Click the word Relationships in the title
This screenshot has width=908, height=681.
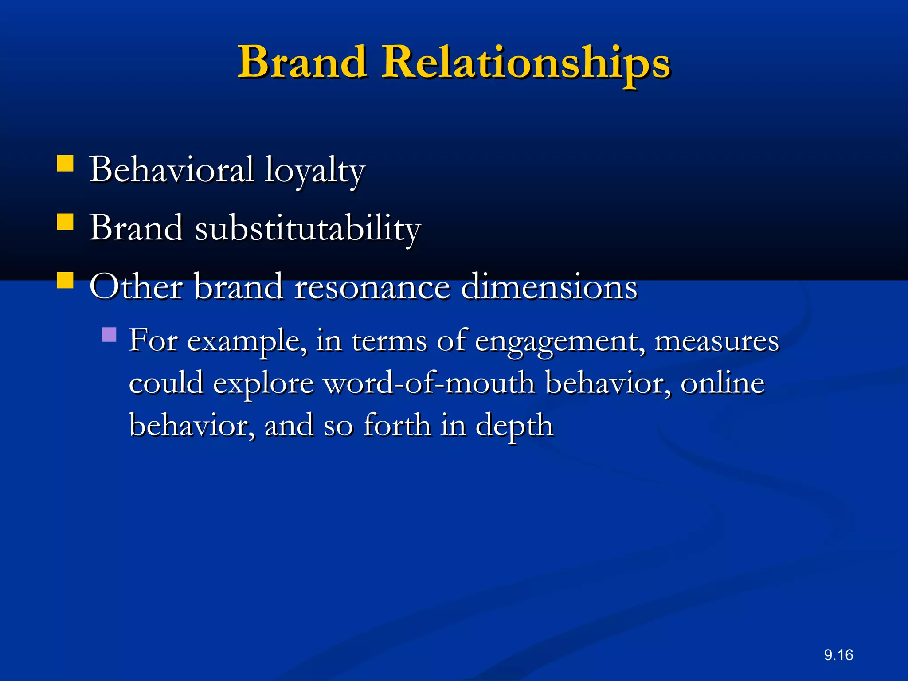click(x=526, y=63)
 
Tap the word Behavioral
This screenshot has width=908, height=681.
click(x=172, y=169)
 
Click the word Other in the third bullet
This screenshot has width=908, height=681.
click(x=136, y=287)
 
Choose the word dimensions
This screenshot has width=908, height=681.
click(x=549, y=287)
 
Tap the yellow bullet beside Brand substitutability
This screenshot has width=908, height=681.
click(x=65, y=222)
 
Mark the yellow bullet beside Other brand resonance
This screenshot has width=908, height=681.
click(x=65, y=280)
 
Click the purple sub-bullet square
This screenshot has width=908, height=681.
click(x=109, y=334)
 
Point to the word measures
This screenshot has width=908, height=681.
click(x=716, y=341)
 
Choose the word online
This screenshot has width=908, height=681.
click(x=723, y=383)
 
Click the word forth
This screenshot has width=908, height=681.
click(x=397, y=425)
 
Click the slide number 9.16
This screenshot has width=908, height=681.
click(x=838, y=655)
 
